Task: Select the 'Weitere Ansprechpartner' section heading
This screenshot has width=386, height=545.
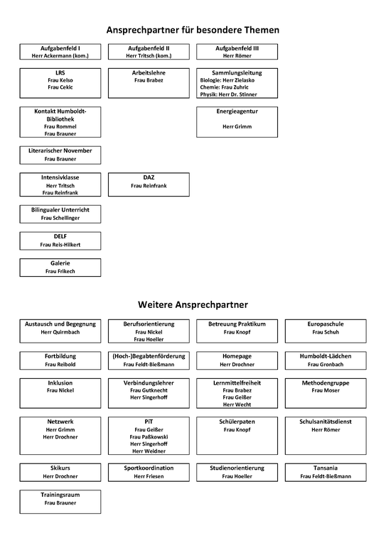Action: point(193,304)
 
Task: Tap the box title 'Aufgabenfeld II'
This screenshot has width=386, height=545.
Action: point(149,48)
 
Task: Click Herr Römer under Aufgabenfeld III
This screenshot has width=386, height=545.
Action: point(237,55)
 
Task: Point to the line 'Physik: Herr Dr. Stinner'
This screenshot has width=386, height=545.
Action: point(237,94)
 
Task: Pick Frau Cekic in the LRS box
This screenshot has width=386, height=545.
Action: point(60,87)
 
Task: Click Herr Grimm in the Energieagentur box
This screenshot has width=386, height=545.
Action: point(237,126)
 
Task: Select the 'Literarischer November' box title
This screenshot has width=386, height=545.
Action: point(60,150)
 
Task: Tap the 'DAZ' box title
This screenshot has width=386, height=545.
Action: point(149,177)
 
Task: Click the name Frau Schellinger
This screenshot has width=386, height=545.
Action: point(60,218)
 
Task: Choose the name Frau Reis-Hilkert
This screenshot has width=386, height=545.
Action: point(60,244)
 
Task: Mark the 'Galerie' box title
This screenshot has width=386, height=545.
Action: point(60,263)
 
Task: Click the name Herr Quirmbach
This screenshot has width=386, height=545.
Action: point(60,331)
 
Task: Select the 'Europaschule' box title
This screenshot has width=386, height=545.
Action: point(326,324)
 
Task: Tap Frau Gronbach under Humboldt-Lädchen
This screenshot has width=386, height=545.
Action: point(326,364)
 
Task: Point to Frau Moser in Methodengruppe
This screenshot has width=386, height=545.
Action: point(326,390)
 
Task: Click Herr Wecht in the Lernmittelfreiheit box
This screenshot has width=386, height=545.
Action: point(237,404)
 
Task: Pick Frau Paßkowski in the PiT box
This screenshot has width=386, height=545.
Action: point(149,436)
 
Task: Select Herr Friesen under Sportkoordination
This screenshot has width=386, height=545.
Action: point(149,476)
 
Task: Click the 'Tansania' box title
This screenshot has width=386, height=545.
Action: point(326,468)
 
